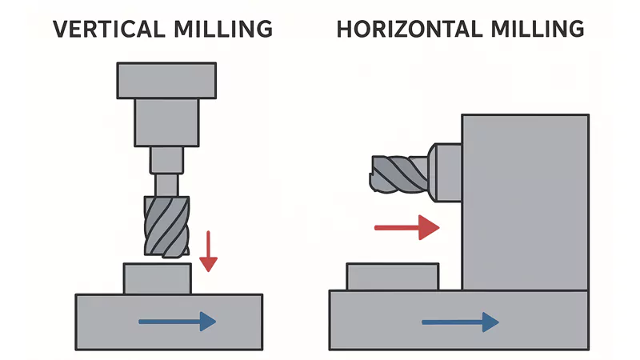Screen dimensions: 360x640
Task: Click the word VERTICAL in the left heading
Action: pos(111,30)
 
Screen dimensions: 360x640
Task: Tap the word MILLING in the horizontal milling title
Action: pos(535,30)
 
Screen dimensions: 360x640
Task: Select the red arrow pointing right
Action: pos(406,228)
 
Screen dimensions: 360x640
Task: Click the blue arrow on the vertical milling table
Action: pos(177,322)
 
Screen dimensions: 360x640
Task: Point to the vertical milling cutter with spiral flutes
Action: pos(166,226)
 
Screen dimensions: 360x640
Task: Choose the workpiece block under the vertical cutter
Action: pos(157,278)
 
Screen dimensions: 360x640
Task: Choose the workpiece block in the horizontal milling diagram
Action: pos(392,276)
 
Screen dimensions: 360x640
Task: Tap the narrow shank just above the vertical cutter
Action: pos(167,184)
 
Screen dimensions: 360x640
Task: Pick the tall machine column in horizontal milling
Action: pos(525,200)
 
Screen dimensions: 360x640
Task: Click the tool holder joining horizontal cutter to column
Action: pos(445,169)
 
